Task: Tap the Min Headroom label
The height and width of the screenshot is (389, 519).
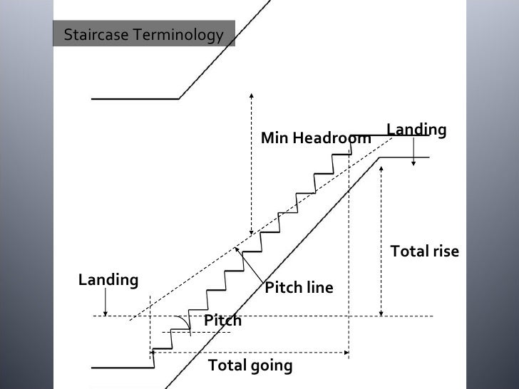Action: click(x=315, y=138)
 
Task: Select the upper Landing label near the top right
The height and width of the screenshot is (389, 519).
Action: click(x=416, y=130)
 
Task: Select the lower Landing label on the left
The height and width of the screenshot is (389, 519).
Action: click(x=108, y=280)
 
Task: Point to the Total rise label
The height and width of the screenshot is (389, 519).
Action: click(x=425, y=251)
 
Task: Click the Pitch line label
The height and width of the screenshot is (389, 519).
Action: click(x=299, y=288)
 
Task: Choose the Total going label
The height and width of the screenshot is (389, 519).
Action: click(x=250, y=366)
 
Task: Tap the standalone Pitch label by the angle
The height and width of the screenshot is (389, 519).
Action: click(x=222, y=321)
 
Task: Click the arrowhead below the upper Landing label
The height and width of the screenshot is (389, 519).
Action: click(x=414, y=163)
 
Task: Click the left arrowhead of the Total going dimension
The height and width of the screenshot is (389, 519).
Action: click(x=153, y=351)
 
